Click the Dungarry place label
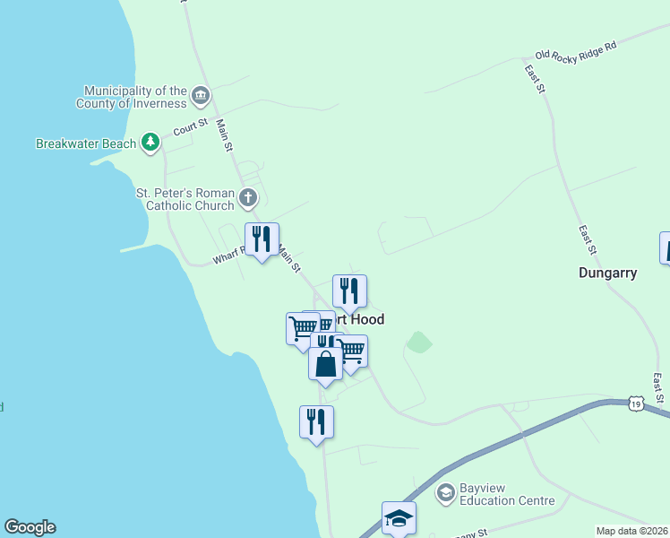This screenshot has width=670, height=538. (x=607, y=273)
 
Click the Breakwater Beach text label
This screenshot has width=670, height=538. (x=86, y=143)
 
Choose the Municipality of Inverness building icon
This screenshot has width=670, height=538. (x=201, y=95)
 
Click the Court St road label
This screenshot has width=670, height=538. (x=190, y=127)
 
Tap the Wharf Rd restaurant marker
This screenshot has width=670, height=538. (x=262, y=239)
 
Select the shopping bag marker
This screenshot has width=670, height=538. (x=325, y=364)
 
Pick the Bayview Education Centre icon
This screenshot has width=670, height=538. (x=445, y=492)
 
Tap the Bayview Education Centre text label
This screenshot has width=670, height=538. (x=506, y=494)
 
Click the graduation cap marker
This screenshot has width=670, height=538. (x=399, y=517)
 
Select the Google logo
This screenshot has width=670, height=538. (x=30, y=527)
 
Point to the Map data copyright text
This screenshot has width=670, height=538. (x=632, y=531)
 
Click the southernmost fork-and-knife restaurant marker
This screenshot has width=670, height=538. (x=316, y=421)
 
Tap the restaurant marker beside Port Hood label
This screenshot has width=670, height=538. (x=349, y=291)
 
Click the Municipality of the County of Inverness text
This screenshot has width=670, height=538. (x=135, y=97)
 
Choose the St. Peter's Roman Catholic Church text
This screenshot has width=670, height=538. (x=185, y=199)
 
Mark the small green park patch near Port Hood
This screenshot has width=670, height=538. (x=418, y=342)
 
